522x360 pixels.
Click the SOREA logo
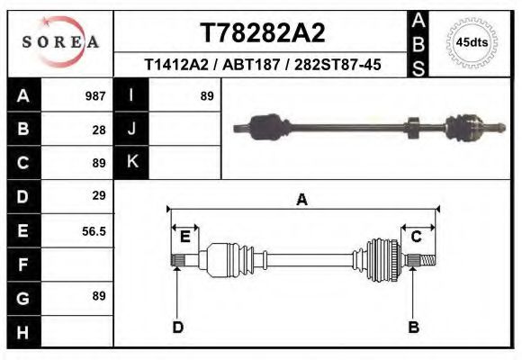point(60,42)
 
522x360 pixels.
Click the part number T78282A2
point(262,32)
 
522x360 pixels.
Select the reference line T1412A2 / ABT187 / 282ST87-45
point(262,65)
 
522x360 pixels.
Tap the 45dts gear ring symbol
point(472,41)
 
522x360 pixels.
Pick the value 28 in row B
point(99,130)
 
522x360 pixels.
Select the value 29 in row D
point(99,195)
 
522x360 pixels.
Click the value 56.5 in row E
point(94,230)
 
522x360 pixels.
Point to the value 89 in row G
point(99,296)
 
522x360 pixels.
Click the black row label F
point(22,265)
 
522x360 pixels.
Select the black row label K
point(132,163)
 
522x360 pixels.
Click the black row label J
point(132,130)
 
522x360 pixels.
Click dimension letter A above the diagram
point(302,200)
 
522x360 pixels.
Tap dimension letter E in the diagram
point(184,237)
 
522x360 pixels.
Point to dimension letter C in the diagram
point(417,237)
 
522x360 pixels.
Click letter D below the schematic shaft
point(178,327)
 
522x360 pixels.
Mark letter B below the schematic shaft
point(414,327)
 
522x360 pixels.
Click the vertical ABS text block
point(418,43)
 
